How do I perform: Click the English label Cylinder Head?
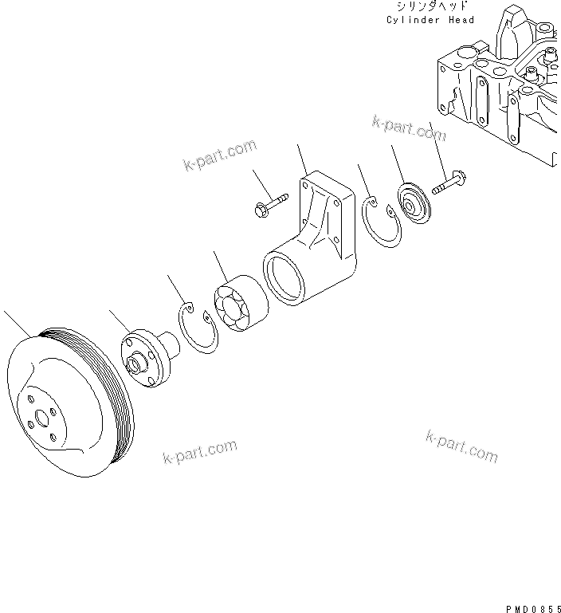coord(430,20)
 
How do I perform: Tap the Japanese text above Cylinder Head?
coord(430,6)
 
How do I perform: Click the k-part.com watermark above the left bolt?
coord(220,155)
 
